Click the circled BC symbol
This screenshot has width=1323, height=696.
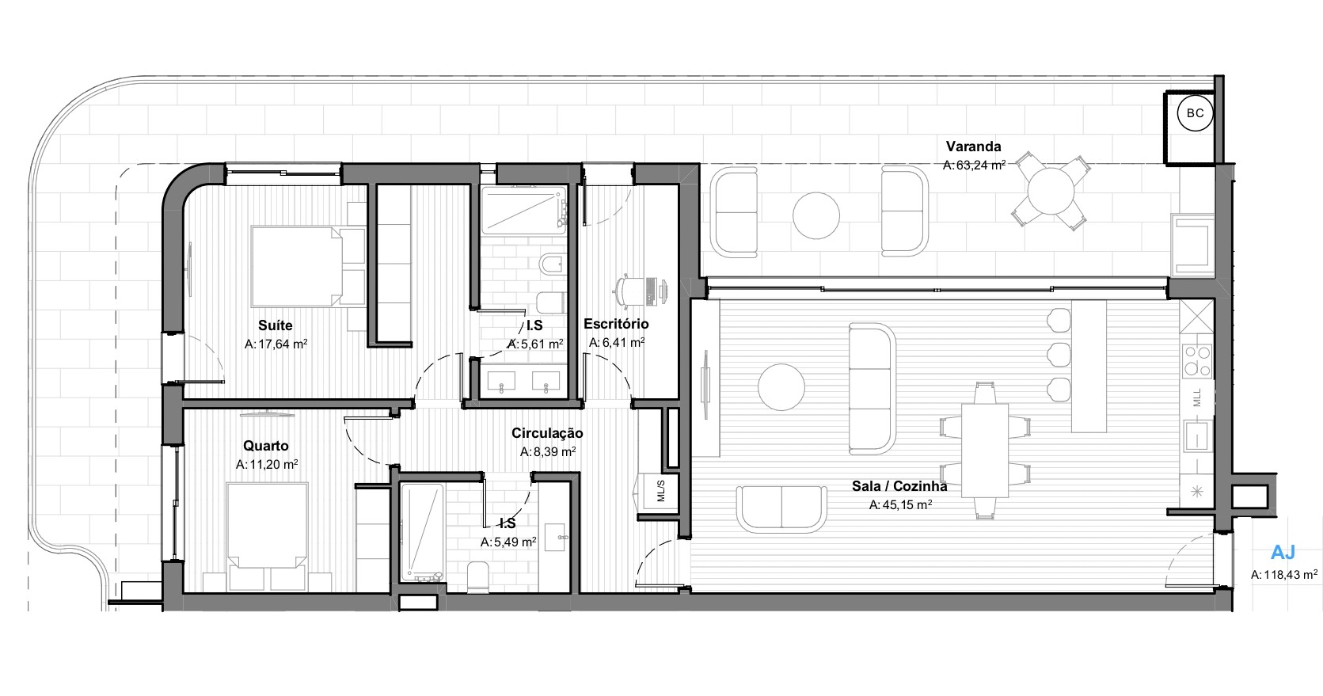[1195, 113]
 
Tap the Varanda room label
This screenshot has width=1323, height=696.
[973, 146]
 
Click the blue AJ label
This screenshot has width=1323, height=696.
[1283, 553]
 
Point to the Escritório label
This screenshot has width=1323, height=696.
[616, 324]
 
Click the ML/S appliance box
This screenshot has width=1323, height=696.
[660, 491]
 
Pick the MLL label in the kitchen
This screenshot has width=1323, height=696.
[1197, 397]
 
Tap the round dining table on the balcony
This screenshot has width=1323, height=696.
[1051, 191]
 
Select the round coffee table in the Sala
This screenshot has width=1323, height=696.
[781, 387]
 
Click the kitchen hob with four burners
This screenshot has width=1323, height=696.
[1197, 361]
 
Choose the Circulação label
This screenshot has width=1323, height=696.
[547, 433]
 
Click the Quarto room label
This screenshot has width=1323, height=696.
[266, 446]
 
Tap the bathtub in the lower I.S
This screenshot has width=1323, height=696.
[422, 533]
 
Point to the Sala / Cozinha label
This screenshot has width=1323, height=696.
[899, 486]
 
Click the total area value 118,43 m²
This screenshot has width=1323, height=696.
[1284, 574]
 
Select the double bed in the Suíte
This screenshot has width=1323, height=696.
[296, 266]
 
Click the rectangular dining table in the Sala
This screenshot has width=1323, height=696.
[985, 451]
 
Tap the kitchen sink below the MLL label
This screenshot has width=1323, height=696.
[1197, 436]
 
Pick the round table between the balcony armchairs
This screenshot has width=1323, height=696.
[816, 215]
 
